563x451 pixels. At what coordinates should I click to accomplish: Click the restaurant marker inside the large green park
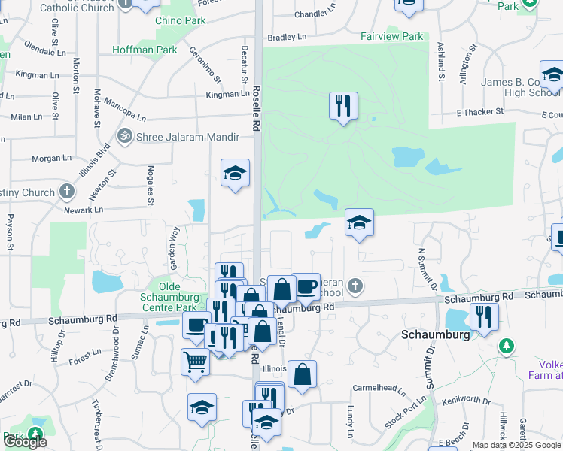coord(343,105)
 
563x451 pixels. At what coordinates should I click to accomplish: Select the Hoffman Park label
coord(145,50)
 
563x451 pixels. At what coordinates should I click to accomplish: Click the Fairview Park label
coord(391,36)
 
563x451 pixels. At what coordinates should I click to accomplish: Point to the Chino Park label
coord(180,20)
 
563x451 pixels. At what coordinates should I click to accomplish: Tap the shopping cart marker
coord(195,362)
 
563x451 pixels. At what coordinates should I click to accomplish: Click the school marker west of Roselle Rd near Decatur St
coord(235,174)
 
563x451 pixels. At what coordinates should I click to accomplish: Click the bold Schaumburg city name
coord(436,334)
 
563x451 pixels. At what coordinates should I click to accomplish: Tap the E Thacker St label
coord(479,112)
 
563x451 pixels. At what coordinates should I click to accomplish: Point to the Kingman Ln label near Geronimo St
coord(227,94)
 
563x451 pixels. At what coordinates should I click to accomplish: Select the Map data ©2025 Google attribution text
coord(516,445)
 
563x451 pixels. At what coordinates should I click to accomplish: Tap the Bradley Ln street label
coord(288,37)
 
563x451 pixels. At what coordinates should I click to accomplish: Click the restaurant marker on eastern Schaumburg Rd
coord(482,316)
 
